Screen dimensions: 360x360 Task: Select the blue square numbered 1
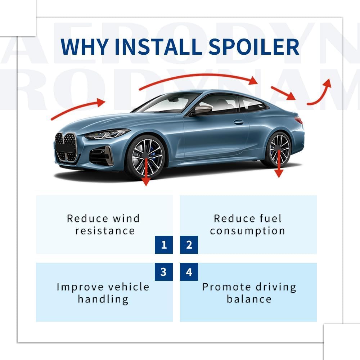click(x=164, y=245)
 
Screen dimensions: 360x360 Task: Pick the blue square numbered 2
click(x=189, y=245)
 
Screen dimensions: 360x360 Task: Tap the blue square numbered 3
click(x=164, y=272)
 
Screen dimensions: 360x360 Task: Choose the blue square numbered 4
click(x=189, y=272)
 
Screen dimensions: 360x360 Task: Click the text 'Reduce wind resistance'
click(x=104, y=224)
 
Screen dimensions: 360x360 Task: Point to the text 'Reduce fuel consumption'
click(x=248, y=224)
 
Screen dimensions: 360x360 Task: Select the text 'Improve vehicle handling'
click(x=103, y=293)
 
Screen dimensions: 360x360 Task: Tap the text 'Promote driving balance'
click(x=249, y=293)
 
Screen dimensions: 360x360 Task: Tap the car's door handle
click(x=239, y=122)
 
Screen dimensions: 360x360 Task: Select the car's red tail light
click(x=298, y=120)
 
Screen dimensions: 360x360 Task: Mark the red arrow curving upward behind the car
click(x=320, y=94)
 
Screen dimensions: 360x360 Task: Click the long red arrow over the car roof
click(x=198, y=77)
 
